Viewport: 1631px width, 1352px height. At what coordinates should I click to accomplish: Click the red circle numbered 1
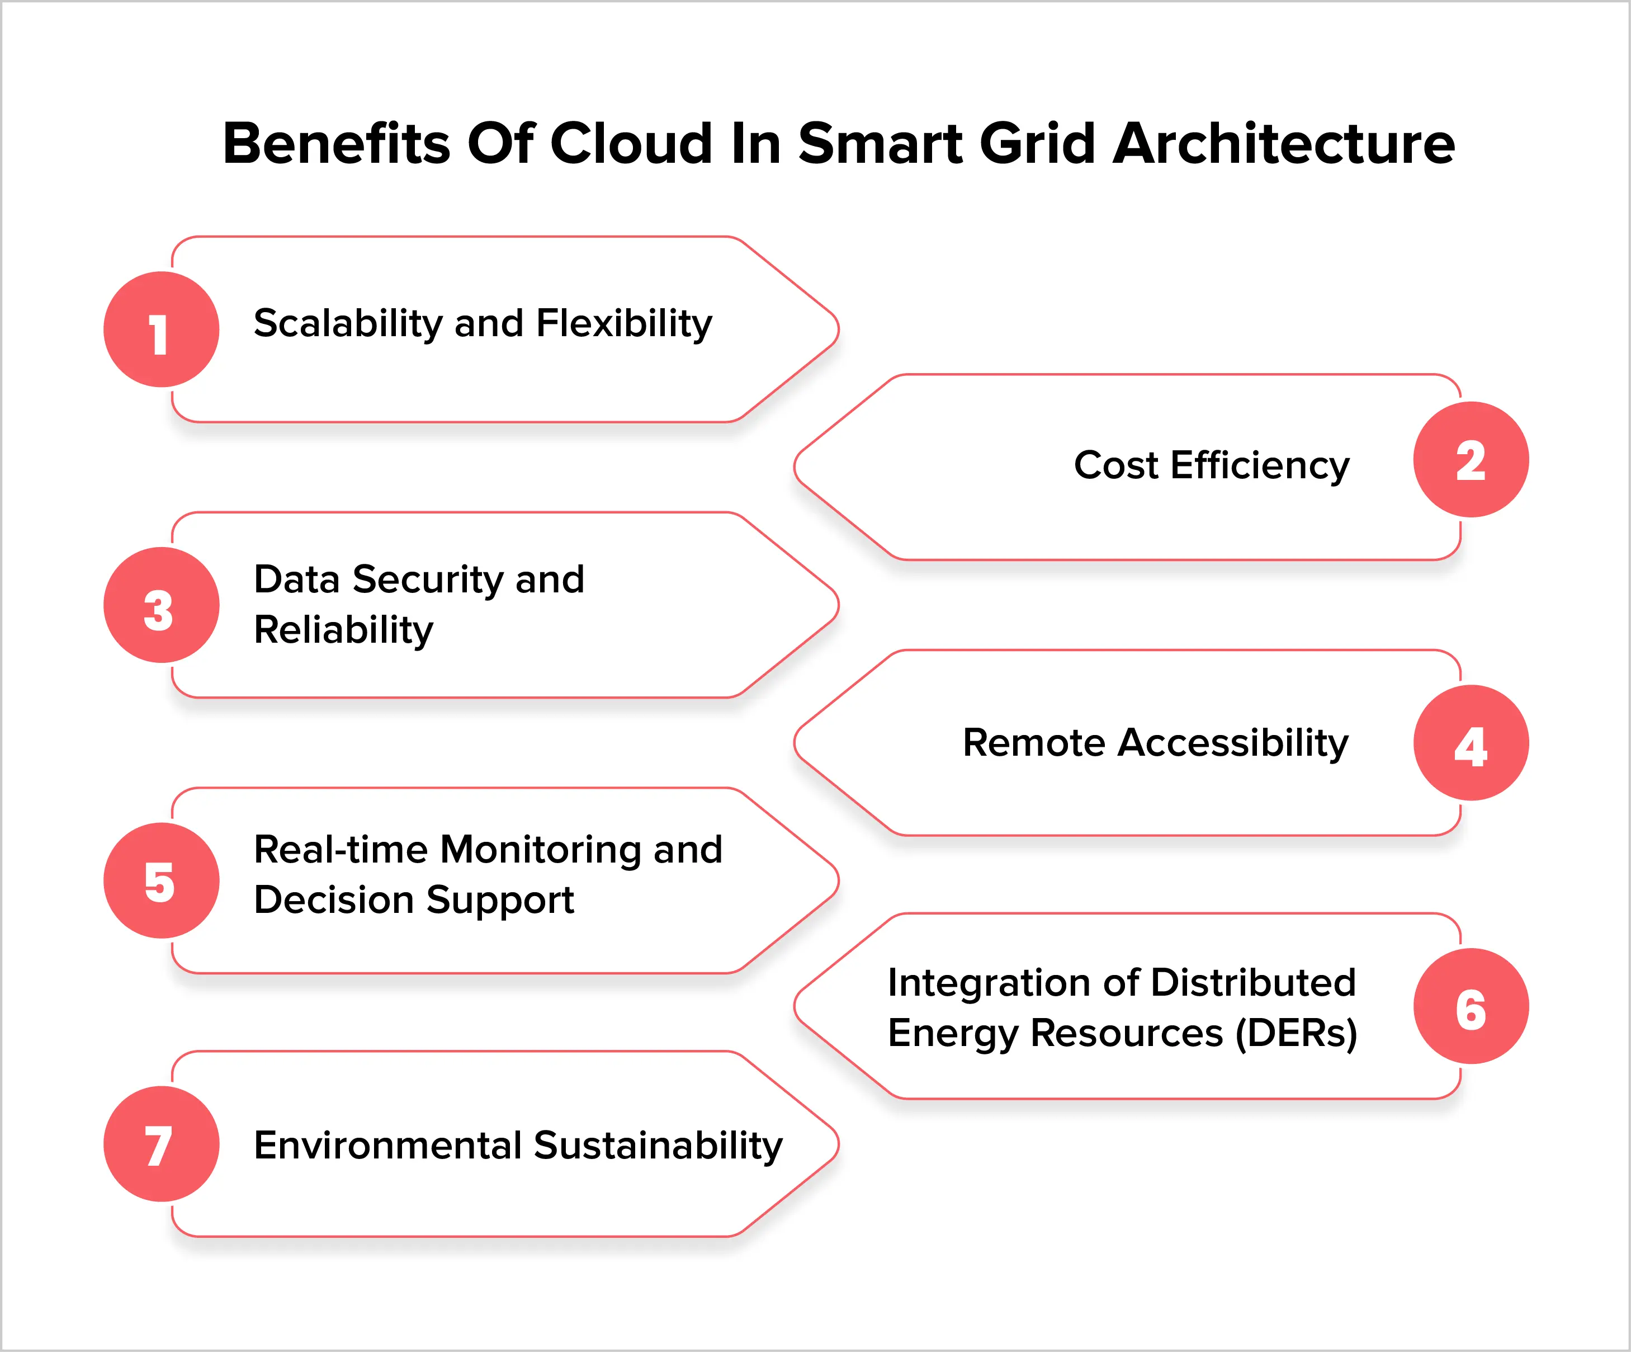(162, 329)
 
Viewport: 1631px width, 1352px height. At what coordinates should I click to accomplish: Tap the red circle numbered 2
(1470, 459)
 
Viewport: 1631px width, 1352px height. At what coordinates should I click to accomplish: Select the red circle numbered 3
(162, 605)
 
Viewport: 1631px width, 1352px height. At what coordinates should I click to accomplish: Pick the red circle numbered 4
(1470, 743)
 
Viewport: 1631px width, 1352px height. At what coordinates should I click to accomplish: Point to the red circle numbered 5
(162, 880)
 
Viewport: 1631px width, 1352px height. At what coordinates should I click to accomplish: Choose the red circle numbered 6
(1470, 1006)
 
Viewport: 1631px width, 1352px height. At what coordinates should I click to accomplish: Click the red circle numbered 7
(162, 1144)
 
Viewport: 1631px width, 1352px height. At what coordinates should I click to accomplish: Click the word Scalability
(348, 323)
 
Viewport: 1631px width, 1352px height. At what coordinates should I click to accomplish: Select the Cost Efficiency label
(1212, 465)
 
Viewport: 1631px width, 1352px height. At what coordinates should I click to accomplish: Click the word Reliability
(343, 629)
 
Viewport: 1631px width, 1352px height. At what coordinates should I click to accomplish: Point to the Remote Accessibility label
(1156, 743)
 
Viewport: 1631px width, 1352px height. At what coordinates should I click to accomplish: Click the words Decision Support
(414, 900)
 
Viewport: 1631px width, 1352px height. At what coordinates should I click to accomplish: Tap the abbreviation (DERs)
(1296, 1033)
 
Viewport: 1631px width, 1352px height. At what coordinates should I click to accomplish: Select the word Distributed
(1253, 983)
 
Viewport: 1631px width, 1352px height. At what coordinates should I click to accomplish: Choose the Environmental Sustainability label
(518, 1146)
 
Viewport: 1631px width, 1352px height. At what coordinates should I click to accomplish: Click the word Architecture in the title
(1284, 144)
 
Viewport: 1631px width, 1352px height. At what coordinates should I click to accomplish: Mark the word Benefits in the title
(336, 144)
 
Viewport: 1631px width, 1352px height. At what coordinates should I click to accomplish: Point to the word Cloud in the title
(631, 144)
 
